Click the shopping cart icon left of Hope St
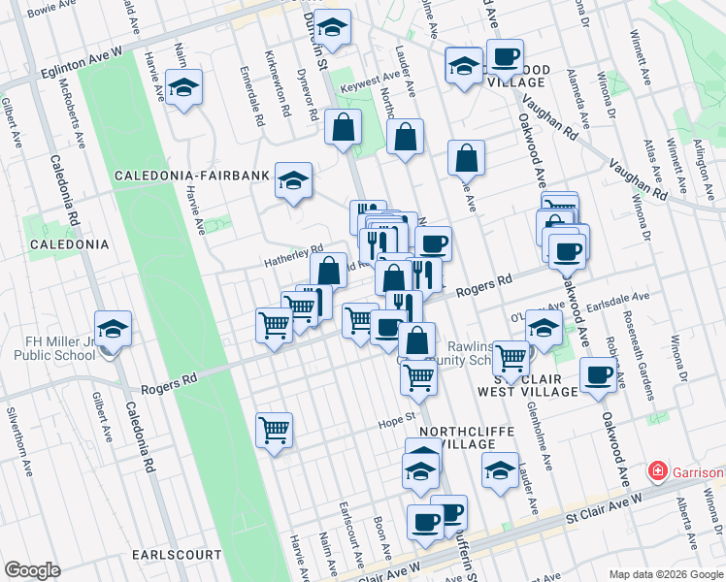(x=275, y=430)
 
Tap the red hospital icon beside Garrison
(x=657, y=472)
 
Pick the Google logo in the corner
(x=33, y=570)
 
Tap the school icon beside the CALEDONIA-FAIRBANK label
(x=292, y=181)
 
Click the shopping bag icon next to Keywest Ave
(x=344, y=128)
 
